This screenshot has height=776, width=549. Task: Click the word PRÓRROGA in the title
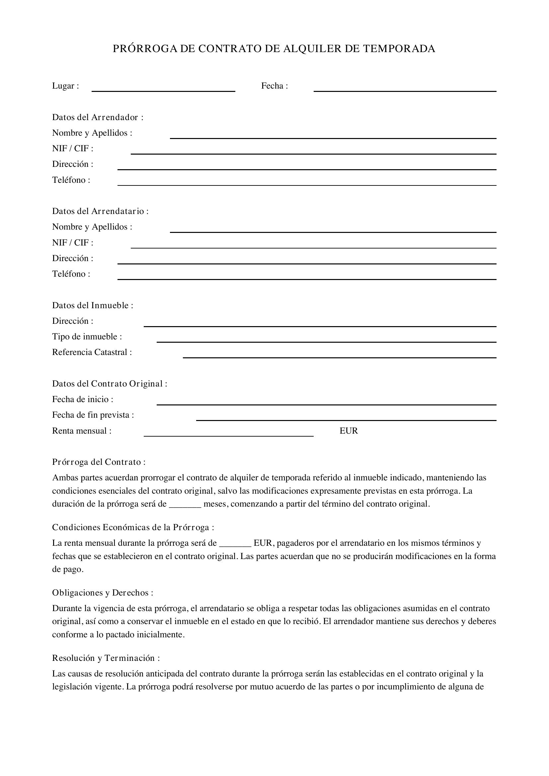tap(145, 49)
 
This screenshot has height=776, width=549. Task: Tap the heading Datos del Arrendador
tap(97, 117)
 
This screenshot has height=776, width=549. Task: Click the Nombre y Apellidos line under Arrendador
tap(333, 138)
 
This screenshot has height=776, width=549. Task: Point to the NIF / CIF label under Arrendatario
tap(72, 243)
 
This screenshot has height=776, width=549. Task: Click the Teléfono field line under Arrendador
tap(307, 184)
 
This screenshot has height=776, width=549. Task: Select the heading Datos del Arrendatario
tap(100, 211)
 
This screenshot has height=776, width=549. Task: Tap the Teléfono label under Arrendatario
tap(71, 274)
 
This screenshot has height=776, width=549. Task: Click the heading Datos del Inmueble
tap(92, 306)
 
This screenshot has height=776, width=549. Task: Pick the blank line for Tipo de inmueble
tap(326, 341)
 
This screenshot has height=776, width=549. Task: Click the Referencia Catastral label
tap(92, 352)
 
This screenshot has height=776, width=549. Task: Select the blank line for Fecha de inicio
tap(326, 404)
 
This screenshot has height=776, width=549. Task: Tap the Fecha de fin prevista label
tap(93, 415)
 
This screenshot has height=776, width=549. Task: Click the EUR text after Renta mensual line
tap(349, 431)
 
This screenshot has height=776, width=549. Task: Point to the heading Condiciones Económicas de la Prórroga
tap(133, 528)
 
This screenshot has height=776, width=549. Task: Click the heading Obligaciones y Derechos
tap(103, 593)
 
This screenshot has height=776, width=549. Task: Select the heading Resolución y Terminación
tap(106, 658)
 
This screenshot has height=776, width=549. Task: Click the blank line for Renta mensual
tap(228, 436)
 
